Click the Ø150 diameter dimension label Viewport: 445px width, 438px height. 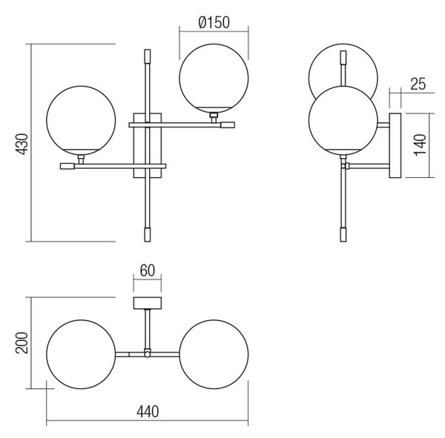[214, 22]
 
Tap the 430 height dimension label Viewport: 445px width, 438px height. [22, 144]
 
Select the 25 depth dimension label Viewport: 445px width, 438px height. [418, 84]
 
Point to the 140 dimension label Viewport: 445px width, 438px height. [421, 145]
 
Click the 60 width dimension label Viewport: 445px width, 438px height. [148, 271]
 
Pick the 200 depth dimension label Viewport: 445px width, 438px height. [22, 342]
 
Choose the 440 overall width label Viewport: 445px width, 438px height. [148, 412]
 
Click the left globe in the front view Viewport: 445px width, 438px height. [81, 120]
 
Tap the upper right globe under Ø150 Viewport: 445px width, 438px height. [214, 79]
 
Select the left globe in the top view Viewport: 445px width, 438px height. [81, 354]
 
